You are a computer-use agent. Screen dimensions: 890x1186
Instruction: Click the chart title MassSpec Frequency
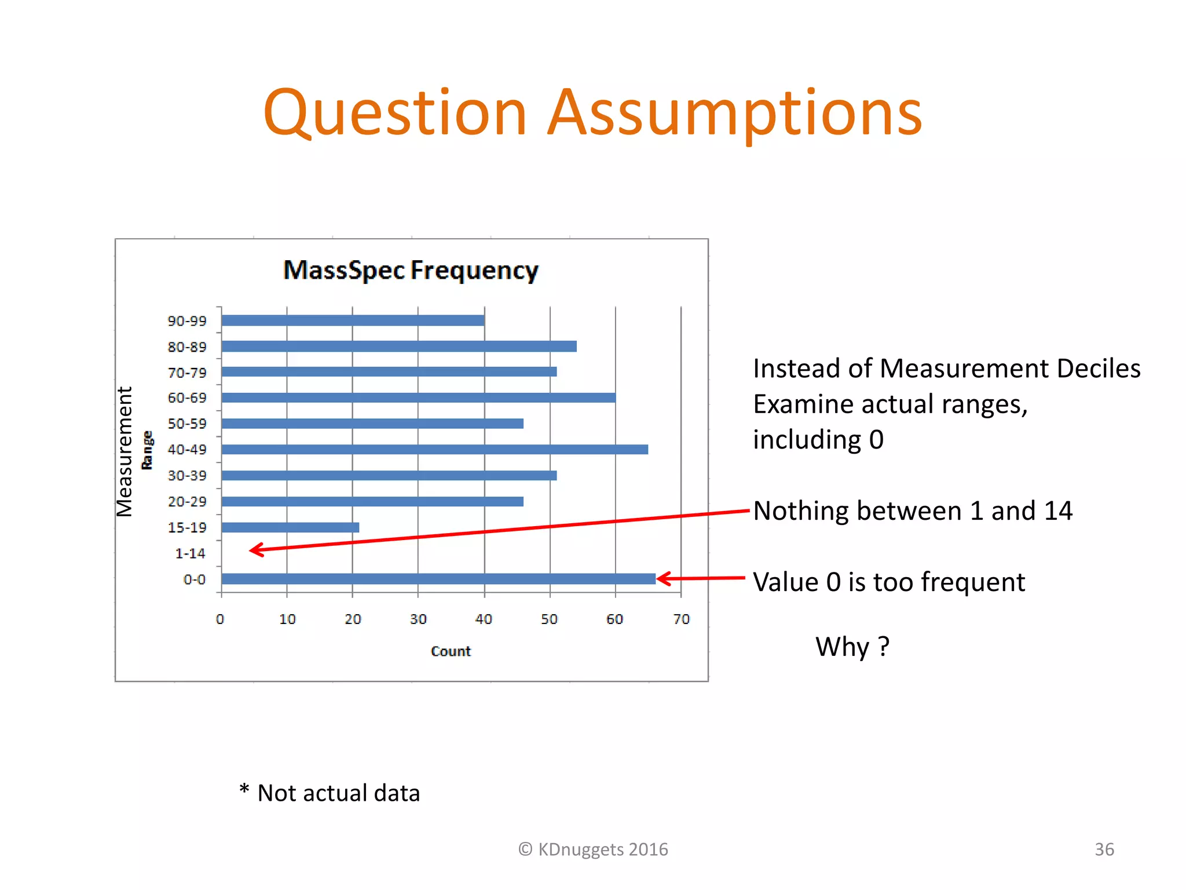(411, 271)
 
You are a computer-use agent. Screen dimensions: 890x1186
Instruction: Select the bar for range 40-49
(434, 450)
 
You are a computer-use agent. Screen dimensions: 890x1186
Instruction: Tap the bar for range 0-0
(438, 579)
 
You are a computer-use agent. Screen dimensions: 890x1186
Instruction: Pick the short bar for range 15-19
(290, 527)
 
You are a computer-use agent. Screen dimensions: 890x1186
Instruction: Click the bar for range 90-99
(353, 320)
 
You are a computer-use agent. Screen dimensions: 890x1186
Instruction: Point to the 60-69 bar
(418, 397)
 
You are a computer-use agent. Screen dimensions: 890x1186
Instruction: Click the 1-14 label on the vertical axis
(190, 553)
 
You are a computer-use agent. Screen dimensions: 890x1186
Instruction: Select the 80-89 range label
(186, 347)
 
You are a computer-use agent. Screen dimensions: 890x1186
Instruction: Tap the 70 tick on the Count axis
(681, 619)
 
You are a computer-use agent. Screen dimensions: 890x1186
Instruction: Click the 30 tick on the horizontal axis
(418, 619)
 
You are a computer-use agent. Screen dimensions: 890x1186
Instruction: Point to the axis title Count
(451, 651)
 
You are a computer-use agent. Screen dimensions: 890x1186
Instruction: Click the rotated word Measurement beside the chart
(125, 451)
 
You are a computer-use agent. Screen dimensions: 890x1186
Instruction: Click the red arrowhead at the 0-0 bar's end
(664, 578)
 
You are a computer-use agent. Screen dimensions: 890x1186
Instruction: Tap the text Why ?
(852, 646)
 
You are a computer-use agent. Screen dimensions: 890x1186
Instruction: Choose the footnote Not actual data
(338, 793)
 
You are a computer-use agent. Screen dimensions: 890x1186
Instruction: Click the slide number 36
(1104, 849)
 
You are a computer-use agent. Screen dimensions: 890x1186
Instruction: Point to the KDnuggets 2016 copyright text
(593, 849)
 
